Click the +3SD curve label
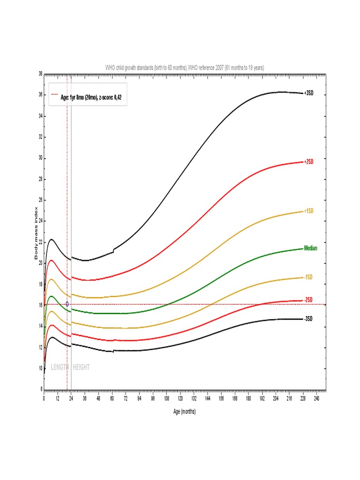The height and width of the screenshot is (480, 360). [x=308, y=93]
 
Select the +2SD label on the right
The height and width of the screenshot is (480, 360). [x=308, y=162]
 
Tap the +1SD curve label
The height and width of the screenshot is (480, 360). [x=308, y=211]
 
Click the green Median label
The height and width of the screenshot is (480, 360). [x=310, y=248]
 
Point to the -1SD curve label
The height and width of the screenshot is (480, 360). [x=308, y=277]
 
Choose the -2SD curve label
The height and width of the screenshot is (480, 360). [x=308, y=300]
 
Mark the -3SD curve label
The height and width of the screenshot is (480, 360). [x=308, y=319]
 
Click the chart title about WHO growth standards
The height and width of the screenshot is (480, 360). [x=185, y=68]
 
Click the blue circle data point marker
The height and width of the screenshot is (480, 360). [x=67, y=304]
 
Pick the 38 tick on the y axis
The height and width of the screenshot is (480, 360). [x=40, y=74]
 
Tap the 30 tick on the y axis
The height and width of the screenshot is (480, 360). [x=40, y=158]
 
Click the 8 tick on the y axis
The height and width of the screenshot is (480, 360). [x=41, y=390]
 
